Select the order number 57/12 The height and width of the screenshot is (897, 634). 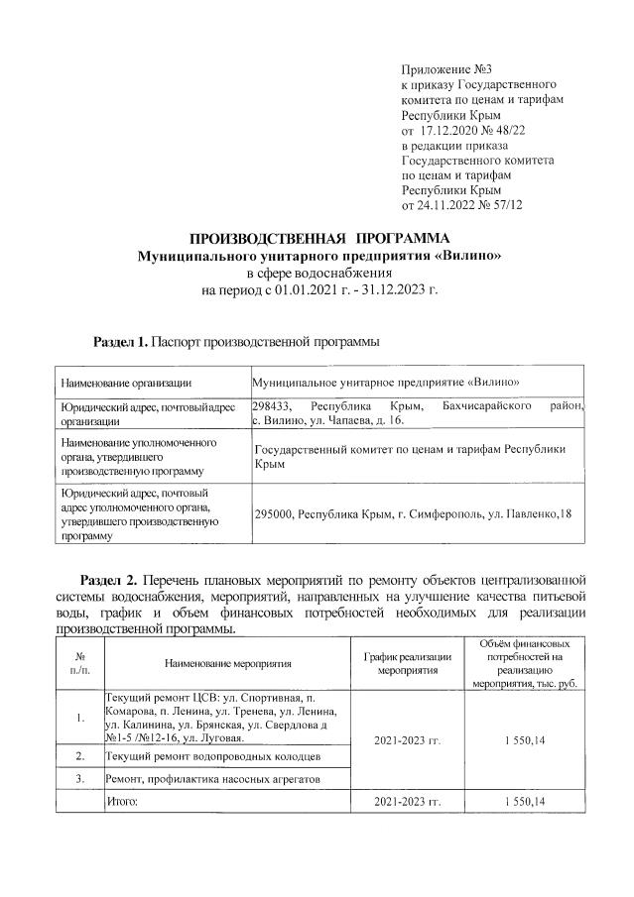click(505, 204)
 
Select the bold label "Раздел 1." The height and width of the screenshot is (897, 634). click(120, 341)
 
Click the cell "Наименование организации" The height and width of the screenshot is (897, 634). click(125, 382)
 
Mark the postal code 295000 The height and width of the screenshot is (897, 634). click(274, 514)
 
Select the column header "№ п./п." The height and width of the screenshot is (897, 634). click(77, 662)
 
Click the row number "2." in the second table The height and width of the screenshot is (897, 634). click(77, 757)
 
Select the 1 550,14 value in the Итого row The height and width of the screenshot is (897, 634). click(525, 801)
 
